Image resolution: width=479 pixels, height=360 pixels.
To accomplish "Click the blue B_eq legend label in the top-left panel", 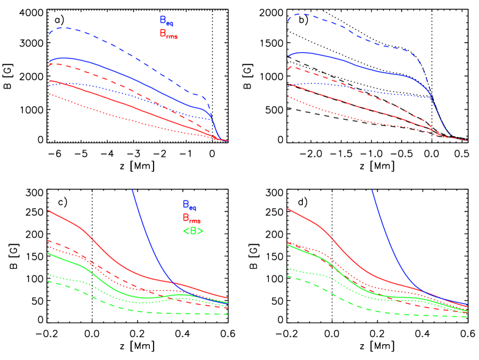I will coord(166,21).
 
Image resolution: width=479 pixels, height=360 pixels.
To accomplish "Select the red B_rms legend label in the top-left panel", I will coord(168,34).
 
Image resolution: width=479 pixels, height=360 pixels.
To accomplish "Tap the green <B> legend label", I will coord(193,231).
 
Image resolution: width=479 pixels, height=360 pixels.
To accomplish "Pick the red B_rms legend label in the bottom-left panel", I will coord(191,218).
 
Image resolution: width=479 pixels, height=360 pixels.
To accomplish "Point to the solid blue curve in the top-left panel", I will coord(122,73).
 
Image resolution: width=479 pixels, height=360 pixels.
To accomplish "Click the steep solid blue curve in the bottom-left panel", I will coord(146,231).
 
